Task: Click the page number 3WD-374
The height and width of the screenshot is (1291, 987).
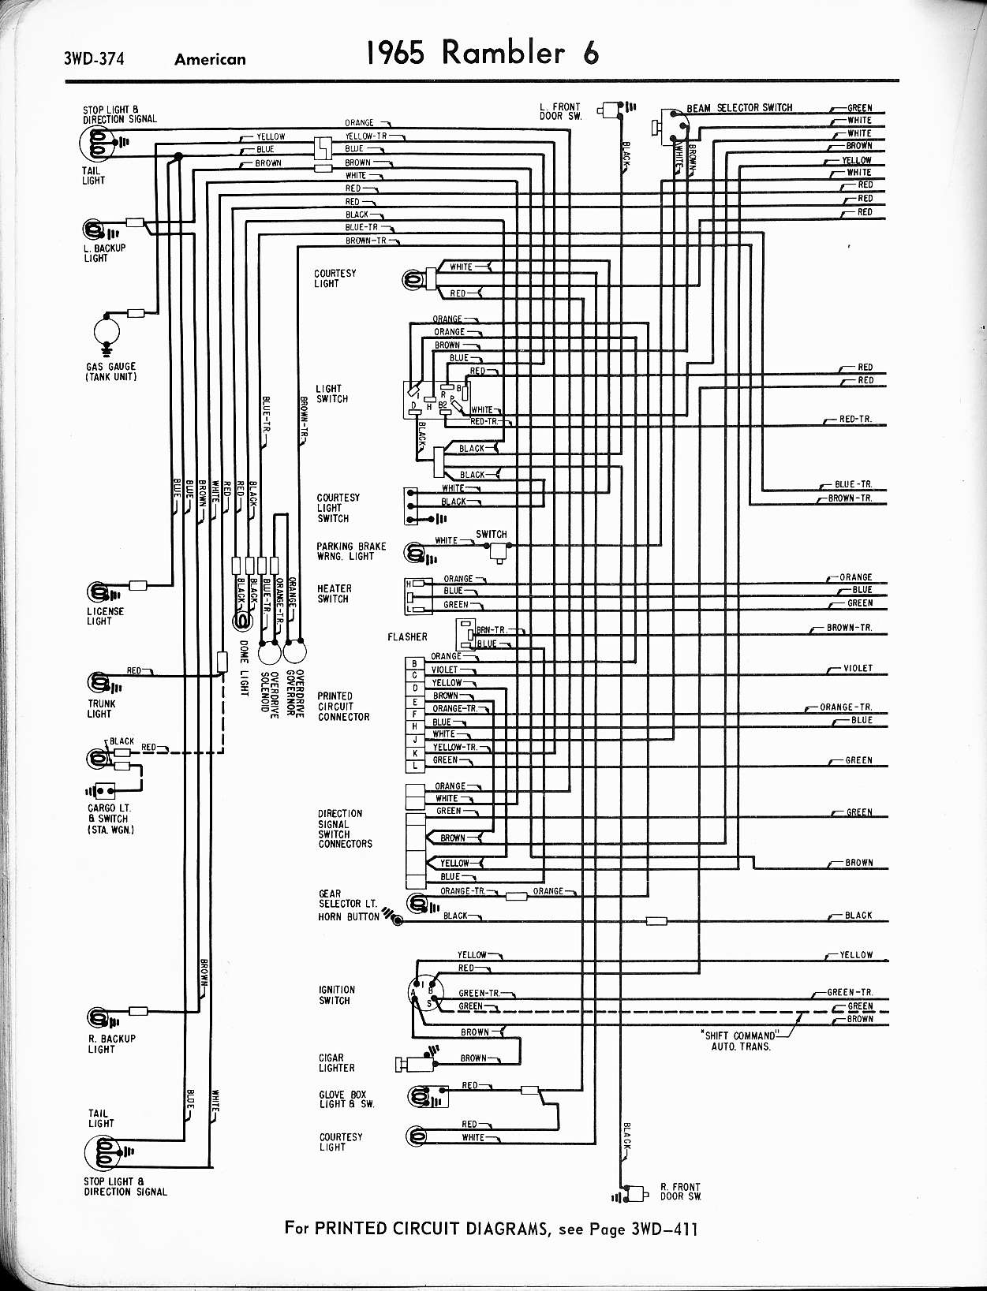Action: (95, 58)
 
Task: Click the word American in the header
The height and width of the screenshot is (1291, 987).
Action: (210, 59)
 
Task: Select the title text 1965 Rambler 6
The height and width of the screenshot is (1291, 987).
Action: (482, 53)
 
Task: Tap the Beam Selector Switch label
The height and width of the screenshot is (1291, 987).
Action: (739, 107)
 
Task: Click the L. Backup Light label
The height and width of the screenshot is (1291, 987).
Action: (105, 253)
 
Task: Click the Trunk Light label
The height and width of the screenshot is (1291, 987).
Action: (101, 708)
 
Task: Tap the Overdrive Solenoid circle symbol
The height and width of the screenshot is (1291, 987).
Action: (270, 653)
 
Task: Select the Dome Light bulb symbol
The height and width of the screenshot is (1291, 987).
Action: (241, 622)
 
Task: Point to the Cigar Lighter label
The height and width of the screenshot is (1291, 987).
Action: (336, 1062)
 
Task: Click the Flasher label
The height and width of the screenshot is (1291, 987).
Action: (407, 636)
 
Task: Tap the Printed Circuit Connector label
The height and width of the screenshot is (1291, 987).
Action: (343, 707)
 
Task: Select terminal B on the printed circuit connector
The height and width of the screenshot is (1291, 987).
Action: (414, 663)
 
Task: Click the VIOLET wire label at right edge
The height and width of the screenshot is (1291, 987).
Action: (858, 668)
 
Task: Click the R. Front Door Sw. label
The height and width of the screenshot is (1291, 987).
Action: (680, 1191)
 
